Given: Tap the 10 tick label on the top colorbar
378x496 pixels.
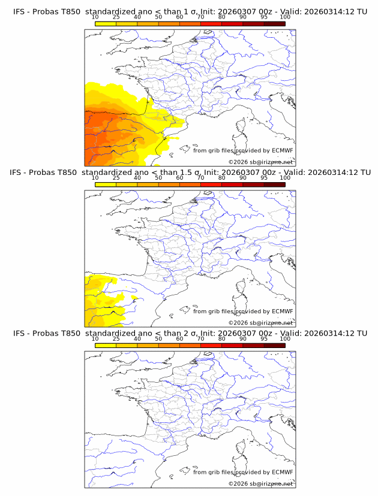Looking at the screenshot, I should tap(95, 17).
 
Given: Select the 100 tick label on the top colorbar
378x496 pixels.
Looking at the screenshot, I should tap(285, 17).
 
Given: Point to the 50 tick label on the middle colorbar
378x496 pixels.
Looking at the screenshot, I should tap(158, 178).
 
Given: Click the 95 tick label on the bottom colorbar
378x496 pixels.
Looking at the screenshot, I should tap(264, 338).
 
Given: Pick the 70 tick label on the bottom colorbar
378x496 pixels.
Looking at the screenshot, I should tap(200, 338).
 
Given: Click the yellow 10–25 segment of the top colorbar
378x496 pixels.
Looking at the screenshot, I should tap(106, 23).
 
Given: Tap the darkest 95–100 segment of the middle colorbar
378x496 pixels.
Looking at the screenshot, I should tap(274, 184).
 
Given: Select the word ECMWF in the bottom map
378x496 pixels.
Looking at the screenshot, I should tap(282, 472).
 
